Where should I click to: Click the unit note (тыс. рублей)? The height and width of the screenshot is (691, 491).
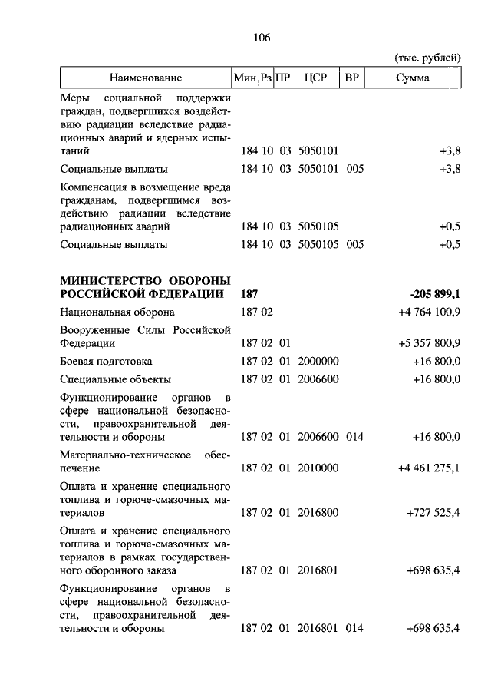coord(428,58)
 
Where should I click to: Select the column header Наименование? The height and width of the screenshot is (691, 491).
coord(145,78)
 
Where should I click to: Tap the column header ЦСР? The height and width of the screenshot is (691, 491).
coord(316,78)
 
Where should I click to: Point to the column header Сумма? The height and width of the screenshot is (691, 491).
coord(414,78)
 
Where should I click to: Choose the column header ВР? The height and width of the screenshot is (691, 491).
coord(353,78)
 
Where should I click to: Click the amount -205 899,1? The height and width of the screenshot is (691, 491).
coord(435,293)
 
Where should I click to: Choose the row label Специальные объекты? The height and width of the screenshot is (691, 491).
coord(115,379)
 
